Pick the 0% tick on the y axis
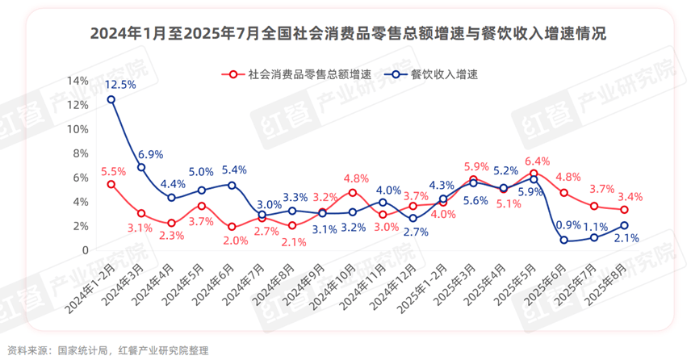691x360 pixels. point(80,250)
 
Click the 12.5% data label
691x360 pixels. point(119,84)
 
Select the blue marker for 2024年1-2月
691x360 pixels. point(111,99)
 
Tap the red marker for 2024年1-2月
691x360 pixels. point(111,184)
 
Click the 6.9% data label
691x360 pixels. point(150,153)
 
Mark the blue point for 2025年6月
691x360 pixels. point(564,240)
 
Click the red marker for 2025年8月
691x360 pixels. point(624,210)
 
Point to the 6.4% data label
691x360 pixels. point(536,160)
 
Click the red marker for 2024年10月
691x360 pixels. point(353,192)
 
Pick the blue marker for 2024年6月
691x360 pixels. point(232,185)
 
